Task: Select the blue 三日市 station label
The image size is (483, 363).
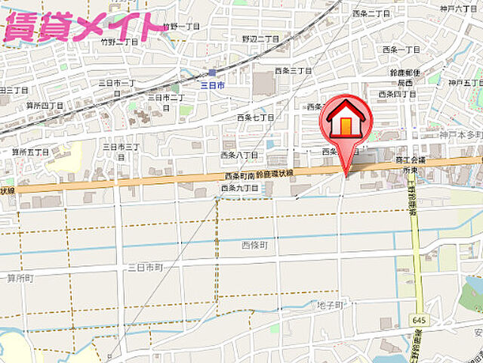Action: pos(214,86)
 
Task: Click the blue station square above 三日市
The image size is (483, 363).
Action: pos(213,73)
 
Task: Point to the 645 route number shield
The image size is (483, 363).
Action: pos(418,299)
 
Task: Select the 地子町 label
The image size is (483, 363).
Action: pos(330,305)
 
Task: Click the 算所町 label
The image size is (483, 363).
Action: pos(20,278)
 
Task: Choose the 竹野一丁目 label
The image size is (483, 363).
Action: pos(182,26)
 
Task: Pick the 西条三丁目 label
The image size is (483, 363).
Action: pos(294,70)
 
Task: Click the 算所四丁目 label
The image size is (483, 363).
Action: pos(45,105)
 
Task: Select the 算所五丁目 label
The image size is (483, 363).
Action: pos(30,152)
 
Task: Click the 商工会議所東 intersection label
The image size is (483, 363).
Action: pos(411,166)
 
